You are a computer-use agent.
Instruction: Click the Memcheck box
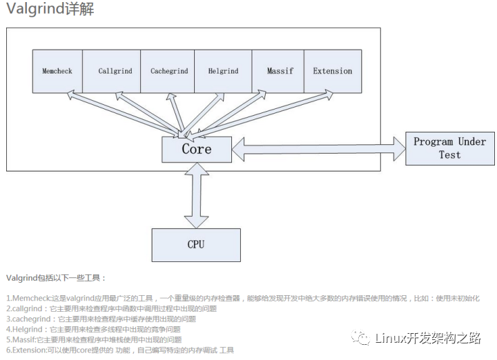[57, 71]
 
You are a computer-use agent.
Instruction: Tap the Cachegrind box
[169, 71]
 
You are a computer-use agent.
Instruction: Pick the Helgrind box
[224, 71]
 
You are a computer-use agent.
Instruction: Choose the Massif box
[278, 71]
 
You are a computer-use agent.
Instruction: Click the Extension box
[333, 71]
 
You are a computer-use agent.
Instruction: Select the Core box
[197, 149]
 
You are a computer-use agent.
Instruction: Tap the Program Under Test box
[449, 148]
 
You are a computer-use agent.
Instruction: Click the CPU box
[196, 244]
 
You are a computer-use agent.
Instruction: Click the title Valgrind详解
[50, 9]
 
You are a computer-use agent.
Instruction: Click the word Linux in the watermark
[391, 337]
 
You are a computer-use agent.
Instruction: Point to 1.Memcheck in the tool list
[28, 299]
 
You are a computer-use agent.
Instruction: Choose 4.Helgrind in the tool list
[25, 330]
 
